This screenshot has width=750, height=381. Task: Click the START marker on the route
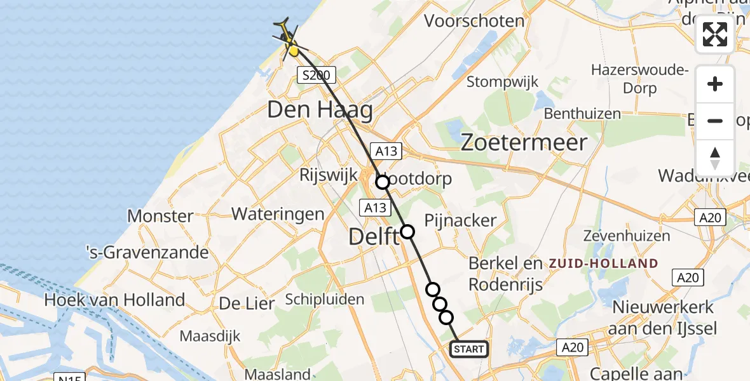click(469, 349)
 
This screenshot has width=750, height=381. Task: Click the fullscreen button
click(715, 34)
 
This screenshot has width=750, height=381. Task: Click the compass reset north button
click(715, 157)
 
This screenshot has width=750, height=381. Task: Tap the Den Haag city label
click(320, 110)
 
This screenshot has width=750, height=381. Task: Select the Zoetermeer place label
click(523, 142)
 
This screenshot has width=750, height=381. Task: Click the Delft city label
click(373, 237)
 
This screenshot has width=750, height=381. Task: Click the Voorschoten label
click(474, 21)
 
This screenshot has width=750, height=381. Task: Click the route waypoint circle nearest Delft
click(407, 232)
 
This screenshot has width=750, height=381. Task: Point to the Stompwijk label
click(502, 82)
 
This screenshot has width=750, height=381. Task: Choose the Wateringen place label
click(278, 213)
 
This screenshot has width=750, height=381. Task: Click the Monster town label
click(160, 216)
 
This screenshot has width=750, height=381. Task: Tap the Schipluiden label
click(325, 298)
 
